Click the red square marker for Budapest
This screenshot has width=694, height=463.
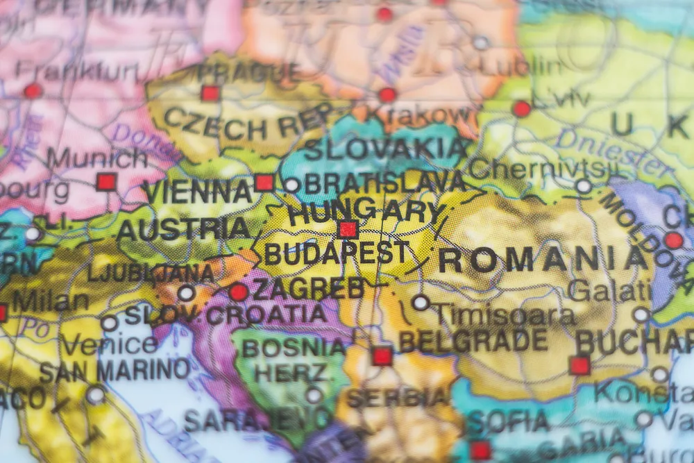[348, 229]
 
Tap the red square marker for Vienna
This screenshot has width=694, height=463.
[264, 183]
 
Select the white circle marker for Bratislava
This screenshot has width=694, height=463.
[292, 185]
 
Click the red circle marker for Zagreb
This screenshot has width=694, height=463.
[238, 292]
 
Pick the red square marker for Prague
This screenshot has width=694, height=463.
[210, 93]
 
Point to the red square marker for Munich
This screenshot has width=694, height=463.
[106, 182]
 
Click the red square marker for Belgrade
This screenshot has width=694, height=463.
[382, 356]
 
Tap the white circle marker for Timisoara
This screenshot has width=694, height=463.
[421, 302]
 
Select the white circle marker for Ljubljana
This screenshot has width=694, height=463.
[186, 292]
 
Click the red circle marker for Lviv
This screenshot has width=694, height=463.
[521, 108]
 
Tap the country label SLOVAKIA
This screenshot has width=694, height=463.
[385, 149]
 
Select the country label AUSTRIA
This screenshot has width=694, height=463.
[183, 228]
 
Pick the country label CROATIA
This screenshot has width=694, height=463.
[266, 315]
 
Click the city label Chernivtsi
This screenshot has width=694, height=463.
[542, 168]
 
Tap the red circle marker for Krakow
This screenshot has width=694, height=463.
[387, 95]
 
